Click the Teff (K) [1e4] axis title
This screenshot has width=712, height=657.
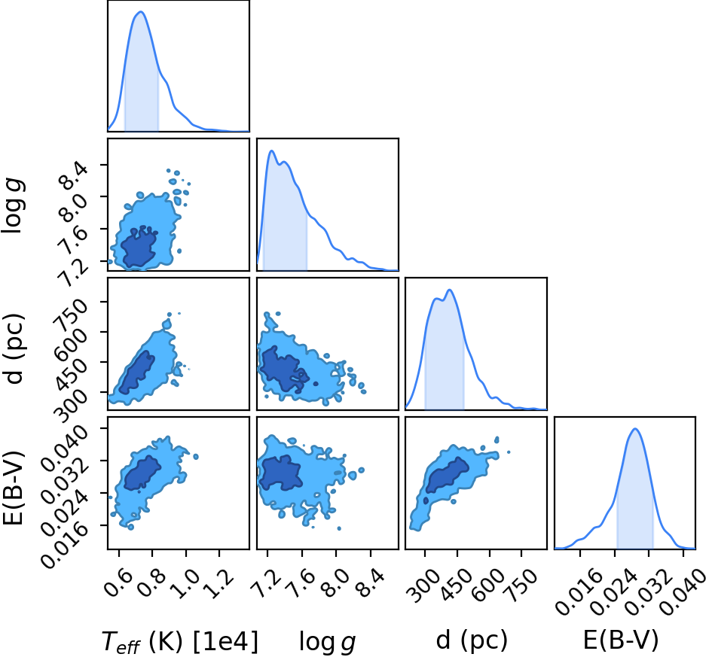180,642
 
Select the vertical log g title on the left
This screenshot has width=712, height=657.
14,206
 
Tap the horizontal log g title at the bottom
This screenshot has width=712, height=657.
327,642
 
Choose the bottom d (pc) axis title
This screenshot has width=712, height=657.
472,640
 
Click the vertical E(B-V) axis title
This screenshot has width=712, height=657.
14,488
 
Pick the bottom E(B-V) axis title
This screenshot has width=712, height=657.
620,640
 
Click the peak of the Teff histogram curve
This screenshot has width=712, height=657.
140,11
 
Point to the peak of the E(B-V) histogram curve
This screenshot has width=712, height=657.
635,428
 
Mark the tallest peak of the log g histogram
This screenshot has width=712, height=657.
271,151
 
